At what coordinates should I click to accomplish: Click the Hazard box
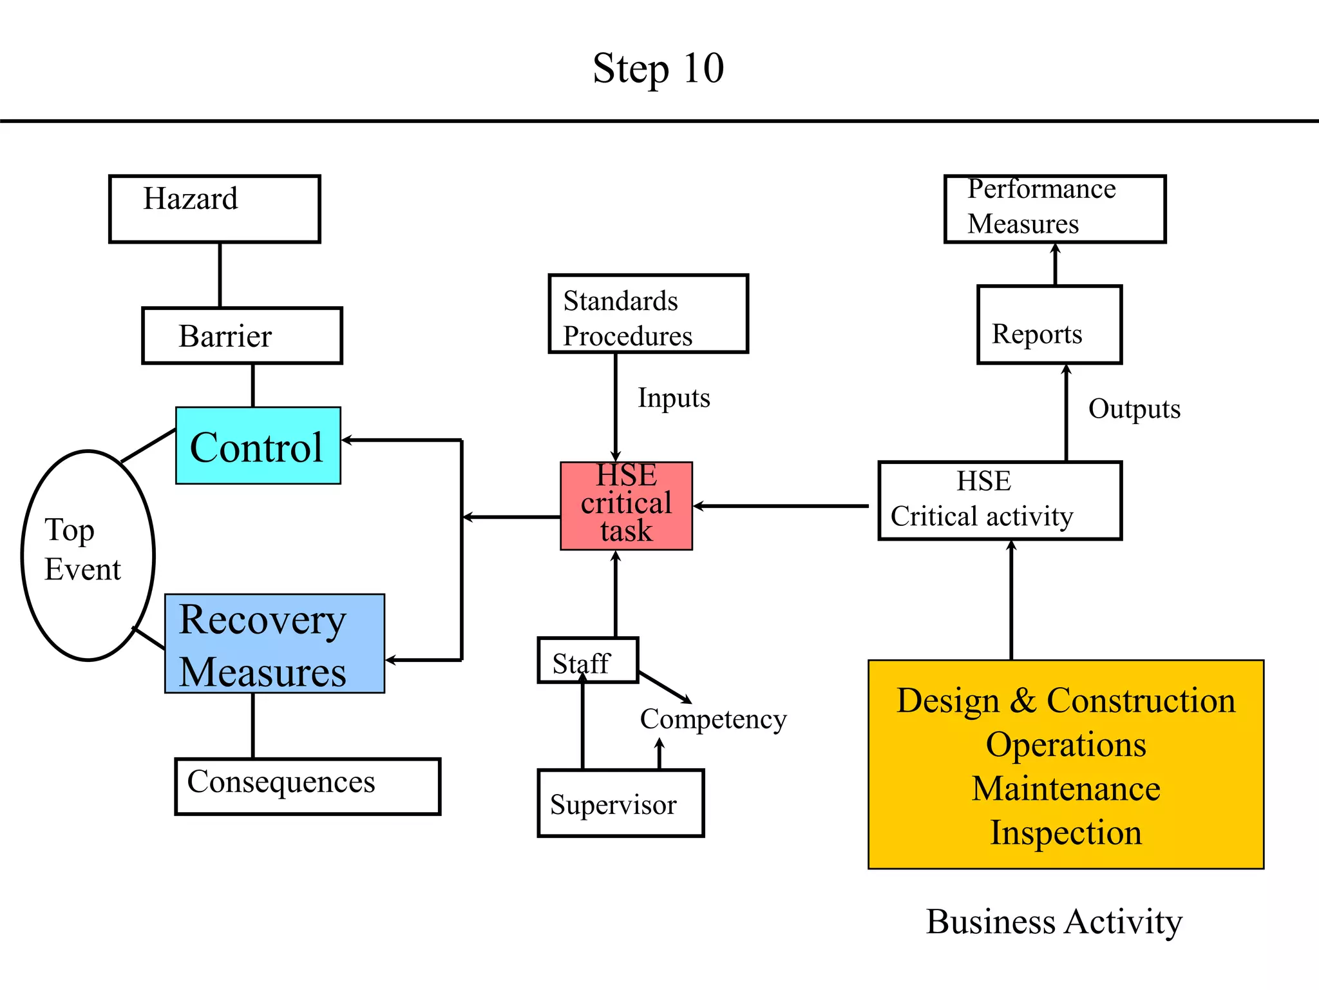click(214, 209)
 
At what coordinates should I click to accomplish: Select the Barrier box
click(242, 336)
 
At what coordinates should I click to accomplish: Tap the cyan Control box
click(258, 446)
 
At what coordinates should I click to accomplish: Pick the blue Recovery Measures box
click(274, 644)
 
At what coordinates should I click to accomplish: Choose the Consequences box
click(307, 786)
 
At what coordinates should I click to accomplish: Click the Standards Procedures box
click(648, 314)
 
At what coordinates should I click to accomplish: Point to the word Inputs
click(674, 398)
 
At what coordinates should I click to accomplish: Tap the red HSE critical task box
click(626, 506)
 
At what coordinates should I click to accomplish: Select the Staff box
click(587, 661)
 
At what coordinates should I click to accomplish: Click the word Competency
click(713, 719)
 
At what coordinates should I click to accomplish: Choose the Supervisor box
click(620, 803)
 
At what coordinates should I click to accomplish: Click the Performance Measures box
click(1054, 209)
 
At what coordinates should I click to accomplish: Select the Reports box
click(1049, 325)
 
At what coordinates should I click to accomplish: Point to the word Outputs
click(1134, 409)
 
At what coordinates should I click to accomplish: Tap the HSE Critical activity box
click(999, 501)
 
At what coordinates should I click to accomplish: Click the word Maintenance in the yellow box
click(1066, 789)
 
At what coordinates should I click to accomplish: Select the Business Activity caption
click(1054, 922)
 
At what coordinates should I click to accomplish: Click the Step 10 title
click(658, 68)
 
